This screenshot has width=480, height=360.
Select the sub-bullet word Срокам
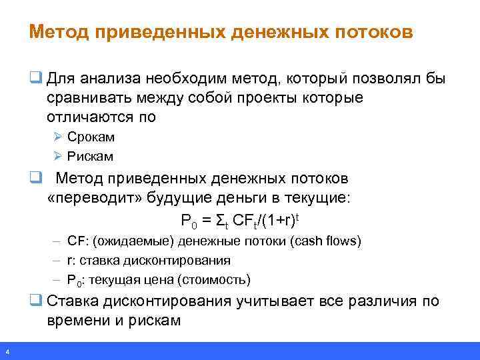tap(91, 137)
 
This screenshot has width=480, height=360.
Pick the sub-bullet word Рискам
tap(90, 157)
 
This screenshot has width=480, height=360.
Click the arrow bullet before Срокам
tap(58, 137)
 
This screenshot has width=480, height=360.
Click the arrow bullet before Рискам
tap(58, 157)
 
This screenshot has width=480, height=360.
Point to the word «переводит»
tap(83, 198)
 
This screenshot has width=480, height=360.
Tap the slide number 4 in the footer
tap(6, 352)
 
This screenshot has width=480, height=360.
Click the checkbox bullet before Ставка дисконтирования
tap(34, 301)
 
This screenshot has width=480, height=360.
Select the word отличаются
tap(91, 117)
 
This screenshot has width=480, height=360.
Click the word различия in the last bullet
tap(383, 301)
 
